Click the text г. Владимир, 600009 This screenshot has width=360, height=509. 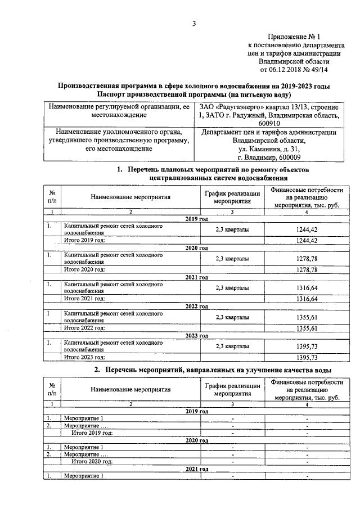(269, 157)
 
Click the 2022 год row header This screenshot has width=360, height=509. (197, 307)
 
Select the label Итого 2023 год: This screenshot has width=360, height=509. (84, 357)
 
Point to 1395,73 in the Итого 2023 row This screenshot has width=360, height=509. (307, 357)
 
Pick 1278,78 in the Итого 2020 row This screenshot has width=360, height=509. (307, 270)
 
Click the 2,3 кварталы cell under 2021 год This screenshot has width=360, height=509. (232, 288)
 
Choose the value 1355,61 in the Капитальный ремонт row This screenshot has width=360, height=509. (307, 317)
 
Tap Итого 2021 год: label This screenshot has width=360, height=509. (84, 298)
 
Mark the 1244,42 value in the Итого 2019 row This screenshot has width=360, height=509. (307, 241)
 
